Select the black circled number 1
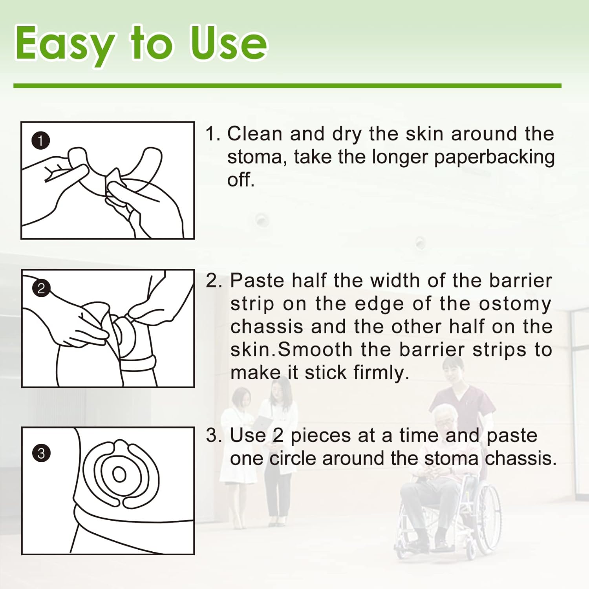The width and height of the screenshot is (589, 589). click(x=40, y=141)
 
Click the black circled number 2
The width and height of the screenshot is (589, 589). click(x=41, y=289)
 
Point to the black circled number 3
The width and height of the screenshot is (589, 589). click(x=41, y=453)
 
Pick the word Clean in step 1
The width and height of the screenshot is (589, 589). click(x=254, y=134)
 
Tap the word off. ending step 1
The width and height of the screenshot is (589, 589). click(x=241, y=180)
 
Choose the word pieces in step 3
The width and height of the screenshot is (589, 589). click(x=320, y=435)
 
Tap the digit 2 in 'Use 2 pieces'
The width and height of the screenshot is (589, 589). click(x=278, y=435)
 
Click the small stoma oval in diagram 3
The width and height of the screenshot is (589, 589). click(x=119, y=475)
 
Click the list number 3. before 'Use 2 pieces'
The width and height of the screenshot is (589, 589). click(x=214, y=435)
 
